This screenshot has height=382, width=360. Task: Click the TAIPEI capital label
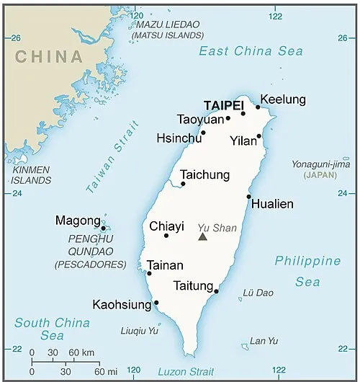(223, 105)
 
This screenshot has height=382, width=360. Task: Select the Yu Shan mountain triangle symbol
(203, 236)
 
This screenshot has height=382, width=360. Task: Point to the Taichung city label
(204, 175)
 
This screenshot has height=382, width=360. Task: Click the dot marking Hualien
(249, 196)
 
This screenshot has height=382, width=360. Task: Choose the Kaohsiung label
(122, 304)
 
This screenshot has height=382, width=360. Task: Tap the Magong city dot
(104, 228)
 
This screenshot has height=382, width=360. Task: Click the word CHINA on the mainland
(49, 56)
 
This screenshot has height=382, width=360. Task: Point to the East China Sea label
(251, 51)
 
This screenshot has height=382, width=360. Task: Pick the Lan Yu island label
(261, 341)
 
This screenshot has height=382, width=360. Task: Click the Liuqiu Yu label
(139, 331)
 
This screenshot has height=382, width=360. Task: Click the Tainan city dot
(149, 273)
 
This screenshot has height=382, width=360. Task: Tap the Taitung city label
(192, 285)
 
